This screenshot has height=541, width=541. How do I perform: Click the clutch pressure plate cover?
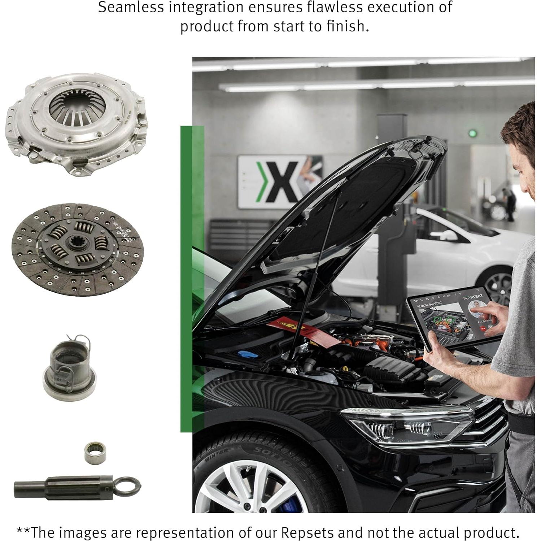tap(77, 123)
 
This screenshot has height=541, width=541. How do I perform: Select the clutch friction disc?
tap(77, 249)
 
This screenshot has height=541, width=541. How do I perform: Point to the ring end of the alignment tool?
tap(128, 485)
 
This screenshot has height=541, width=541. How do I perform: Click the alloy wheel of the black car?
tap(253, 489)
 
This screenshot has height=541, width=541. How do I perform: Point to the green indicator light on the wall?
tap(472, 134)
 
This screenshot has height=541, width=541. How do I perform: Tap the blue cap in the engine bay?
tap(248, 354)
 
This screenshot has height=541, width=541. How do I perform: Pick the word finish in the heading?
tap(347, 26)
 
